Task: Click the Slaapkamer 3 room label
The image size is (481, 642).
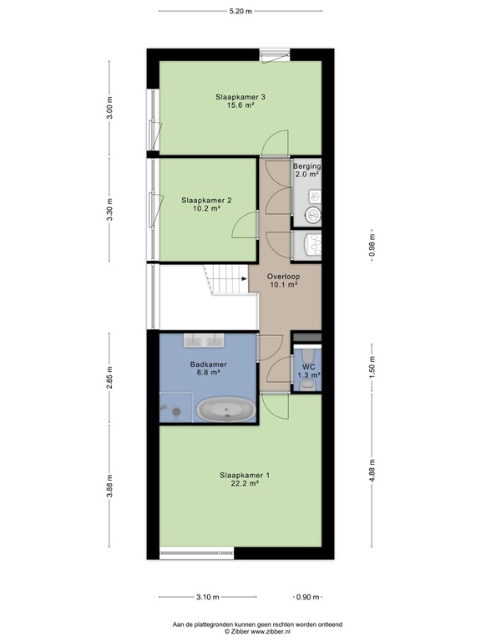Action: [240, 98]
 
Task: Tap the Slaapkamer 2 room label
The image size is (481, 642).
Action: [206, 201]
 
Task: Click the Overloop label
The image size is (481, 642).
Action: [283, 276]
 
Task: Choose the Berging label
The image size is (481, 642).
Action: [306, 166]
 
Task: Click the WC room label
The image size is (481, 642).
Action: [308, 367]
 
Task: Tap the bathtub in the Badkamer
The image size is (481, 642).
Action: [227, 410]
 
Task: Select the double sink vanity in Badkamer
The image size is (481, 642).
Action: [204, 339]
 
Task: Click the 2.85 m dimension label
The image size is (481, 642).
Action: [109, 377]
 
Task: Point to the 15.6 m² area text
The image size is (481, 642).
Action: [240, 106]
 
